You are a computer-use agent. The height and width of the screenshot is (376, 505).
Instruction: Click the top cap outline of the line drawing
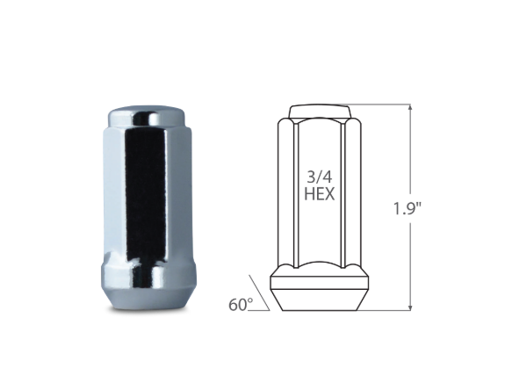click(323, 112)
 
